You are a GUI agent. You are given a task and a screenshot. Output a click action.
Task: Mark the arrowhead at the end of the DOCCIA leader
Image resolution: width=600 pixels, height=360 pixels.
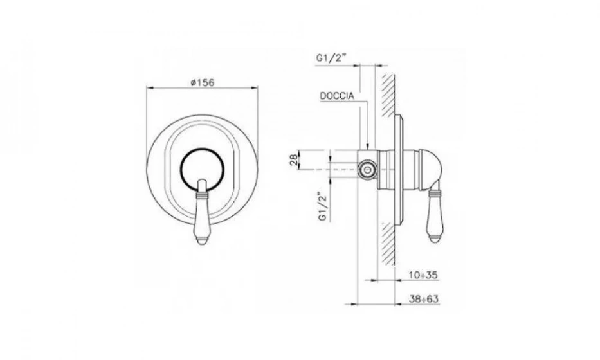pyautogui.click(x=367, y=148)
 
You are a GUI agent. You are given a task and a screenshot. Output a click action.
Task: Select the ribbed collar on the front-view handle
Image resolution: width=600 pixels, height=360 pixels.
pyautogui.click(x=203, y=188)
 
